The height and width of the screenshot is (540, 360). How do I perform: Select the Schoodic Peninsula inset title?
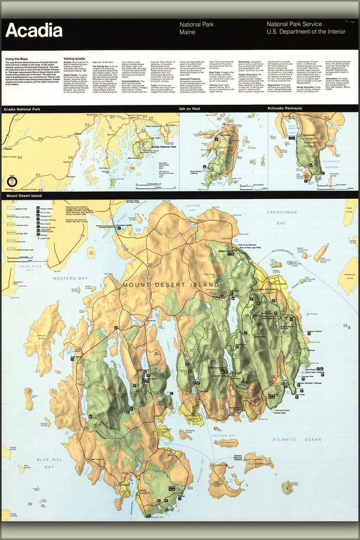290,109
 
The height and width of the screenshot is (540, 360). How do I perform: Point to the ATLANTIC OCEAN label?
298,439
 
